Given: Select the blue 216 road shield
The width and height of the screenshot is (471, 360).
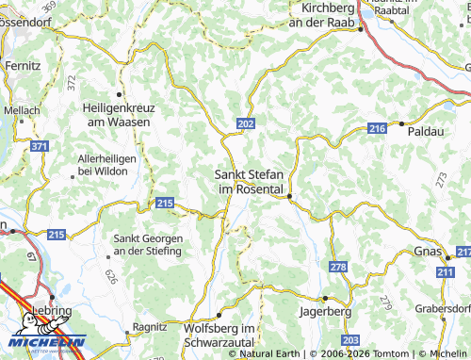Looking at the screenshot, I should coord(378,128).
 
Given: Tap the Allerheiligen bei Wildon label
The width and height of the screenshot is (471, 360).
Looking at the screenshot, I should coord(107,166).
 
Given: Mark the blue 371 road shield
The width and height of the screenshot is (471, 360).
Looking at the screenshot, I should coord(39,147).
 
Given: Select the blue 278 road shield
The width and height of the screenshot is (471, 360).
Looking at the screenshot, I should coord(338,269).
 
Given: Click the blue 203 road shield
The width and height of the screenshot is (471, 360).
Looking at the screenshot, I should coord(351,339).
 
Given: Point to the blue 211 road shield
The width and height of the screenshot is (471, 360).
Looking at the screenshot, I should coord(445,271).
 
